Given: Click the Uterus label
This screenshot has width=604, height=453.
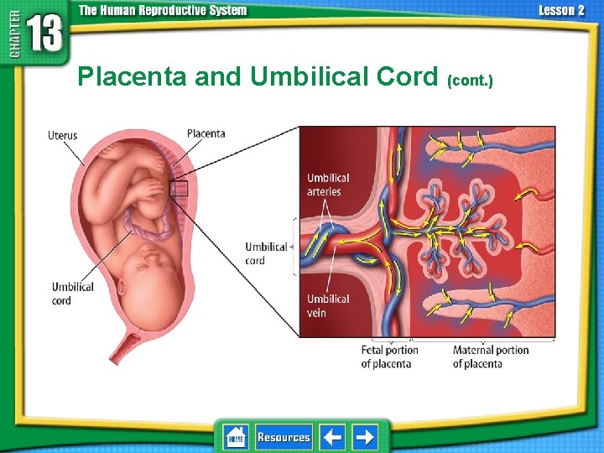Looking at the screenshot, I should tap(63, 135).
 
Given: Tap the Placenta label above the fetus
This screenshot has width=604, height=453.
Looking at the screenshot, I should tap(206, 133).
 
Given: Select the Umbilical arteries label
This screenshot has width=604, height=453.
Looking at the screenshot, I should tap(327, 185).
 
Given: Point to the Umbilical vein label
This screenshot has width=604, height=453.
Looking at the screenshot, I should tap(328, 305).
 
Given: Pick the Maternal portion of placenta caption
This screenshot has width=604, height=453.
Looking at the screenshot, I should tap(490, 357).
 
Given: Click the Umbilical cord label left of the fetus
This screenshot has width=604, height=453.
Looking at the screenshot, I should tap(73, 294).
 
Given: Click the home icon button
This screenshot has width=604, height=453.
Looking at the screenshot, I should tap(236, 437).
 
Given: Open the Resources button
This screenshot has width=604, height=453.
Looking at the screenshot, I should tap(284, 437).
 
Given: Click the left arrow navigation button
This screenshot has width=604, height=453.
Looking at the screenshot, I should tap(332, 437).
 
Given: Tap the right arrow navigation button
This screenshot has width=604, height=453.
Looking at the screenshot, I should tap(364, 437).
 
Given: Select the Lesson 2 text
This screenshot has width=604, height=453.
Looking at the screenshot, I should tap(561, 11).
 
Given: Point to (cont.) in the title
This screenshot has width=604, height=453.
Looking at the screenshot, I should tap(471, 81).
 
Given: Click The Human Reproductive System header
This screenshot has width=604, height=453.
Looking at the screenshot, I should tap(163, 11).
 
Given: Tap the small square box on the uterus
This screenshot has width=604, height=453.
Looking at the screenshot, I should tap(179, 189).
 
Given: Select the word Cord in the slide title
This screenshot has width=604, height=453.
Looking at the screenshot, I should tap(411, 77).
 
